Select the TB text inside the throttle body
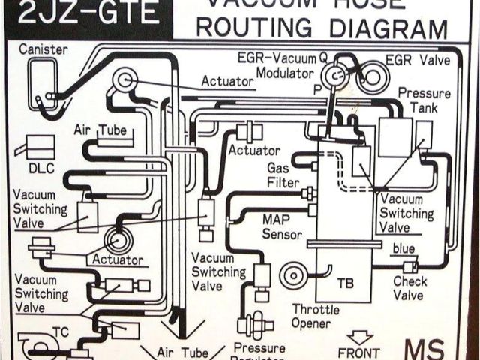(x=345, y=283)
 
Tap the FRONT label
(x=358, y=352)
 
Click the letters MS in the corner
(x=424, y=349)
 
